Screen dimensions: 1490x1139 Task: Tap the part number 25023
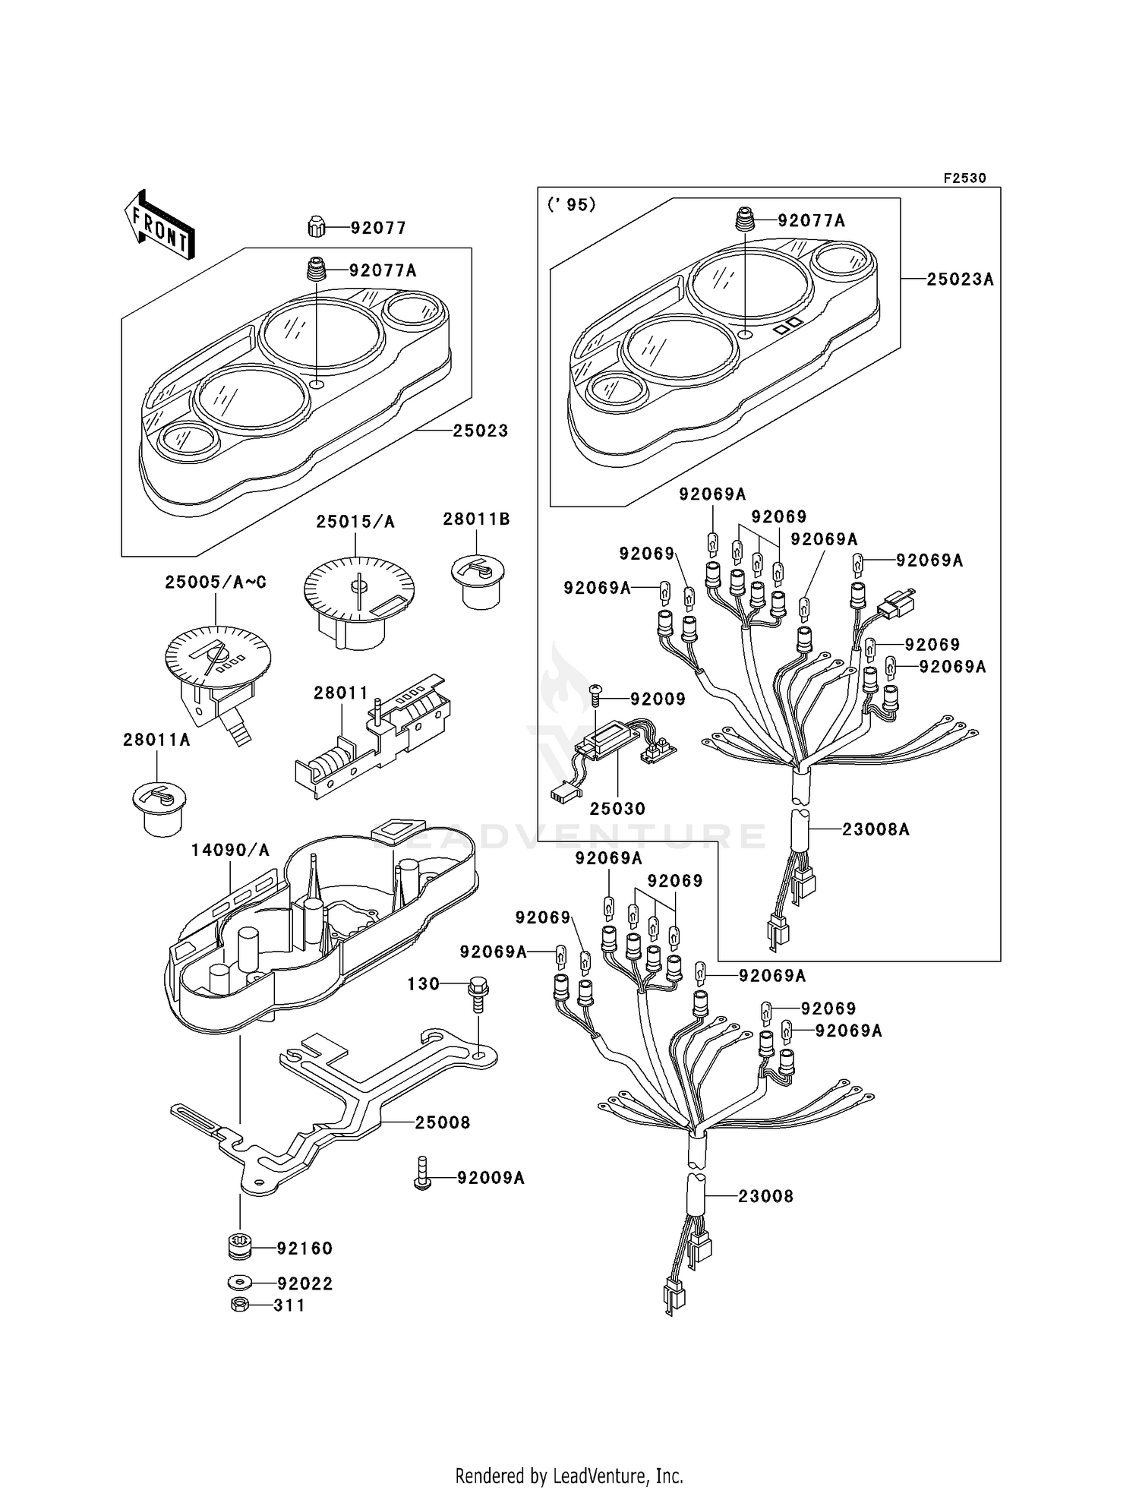coord(480,431)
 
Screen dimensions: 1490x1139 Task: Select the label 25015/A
coord(355,522)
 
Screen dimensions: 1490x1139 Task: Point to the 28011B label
coord(476,519)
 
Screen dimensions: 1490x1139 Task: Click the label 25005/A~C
coord(216,582)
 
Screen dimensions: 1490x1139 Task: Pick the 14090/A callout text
coord(230,851)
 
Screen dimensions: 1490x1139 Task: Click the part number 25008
coord(443,1122)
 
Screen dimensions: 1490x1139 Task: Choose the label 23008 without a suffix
coord(765,1197)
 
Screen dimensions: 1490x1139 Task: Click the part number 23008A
coord(876,829)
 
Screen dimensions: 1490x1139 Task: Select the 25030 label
coord(617,809)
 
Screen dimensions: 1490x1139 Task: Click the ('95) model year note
coord(571,205)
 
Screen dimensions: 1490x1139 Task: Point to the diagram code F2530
coord(964,178)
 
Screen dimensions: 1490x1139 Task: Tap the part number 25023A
coord(960,279)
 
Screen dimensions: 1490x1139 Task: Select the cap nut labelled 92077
coord(317,227)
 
